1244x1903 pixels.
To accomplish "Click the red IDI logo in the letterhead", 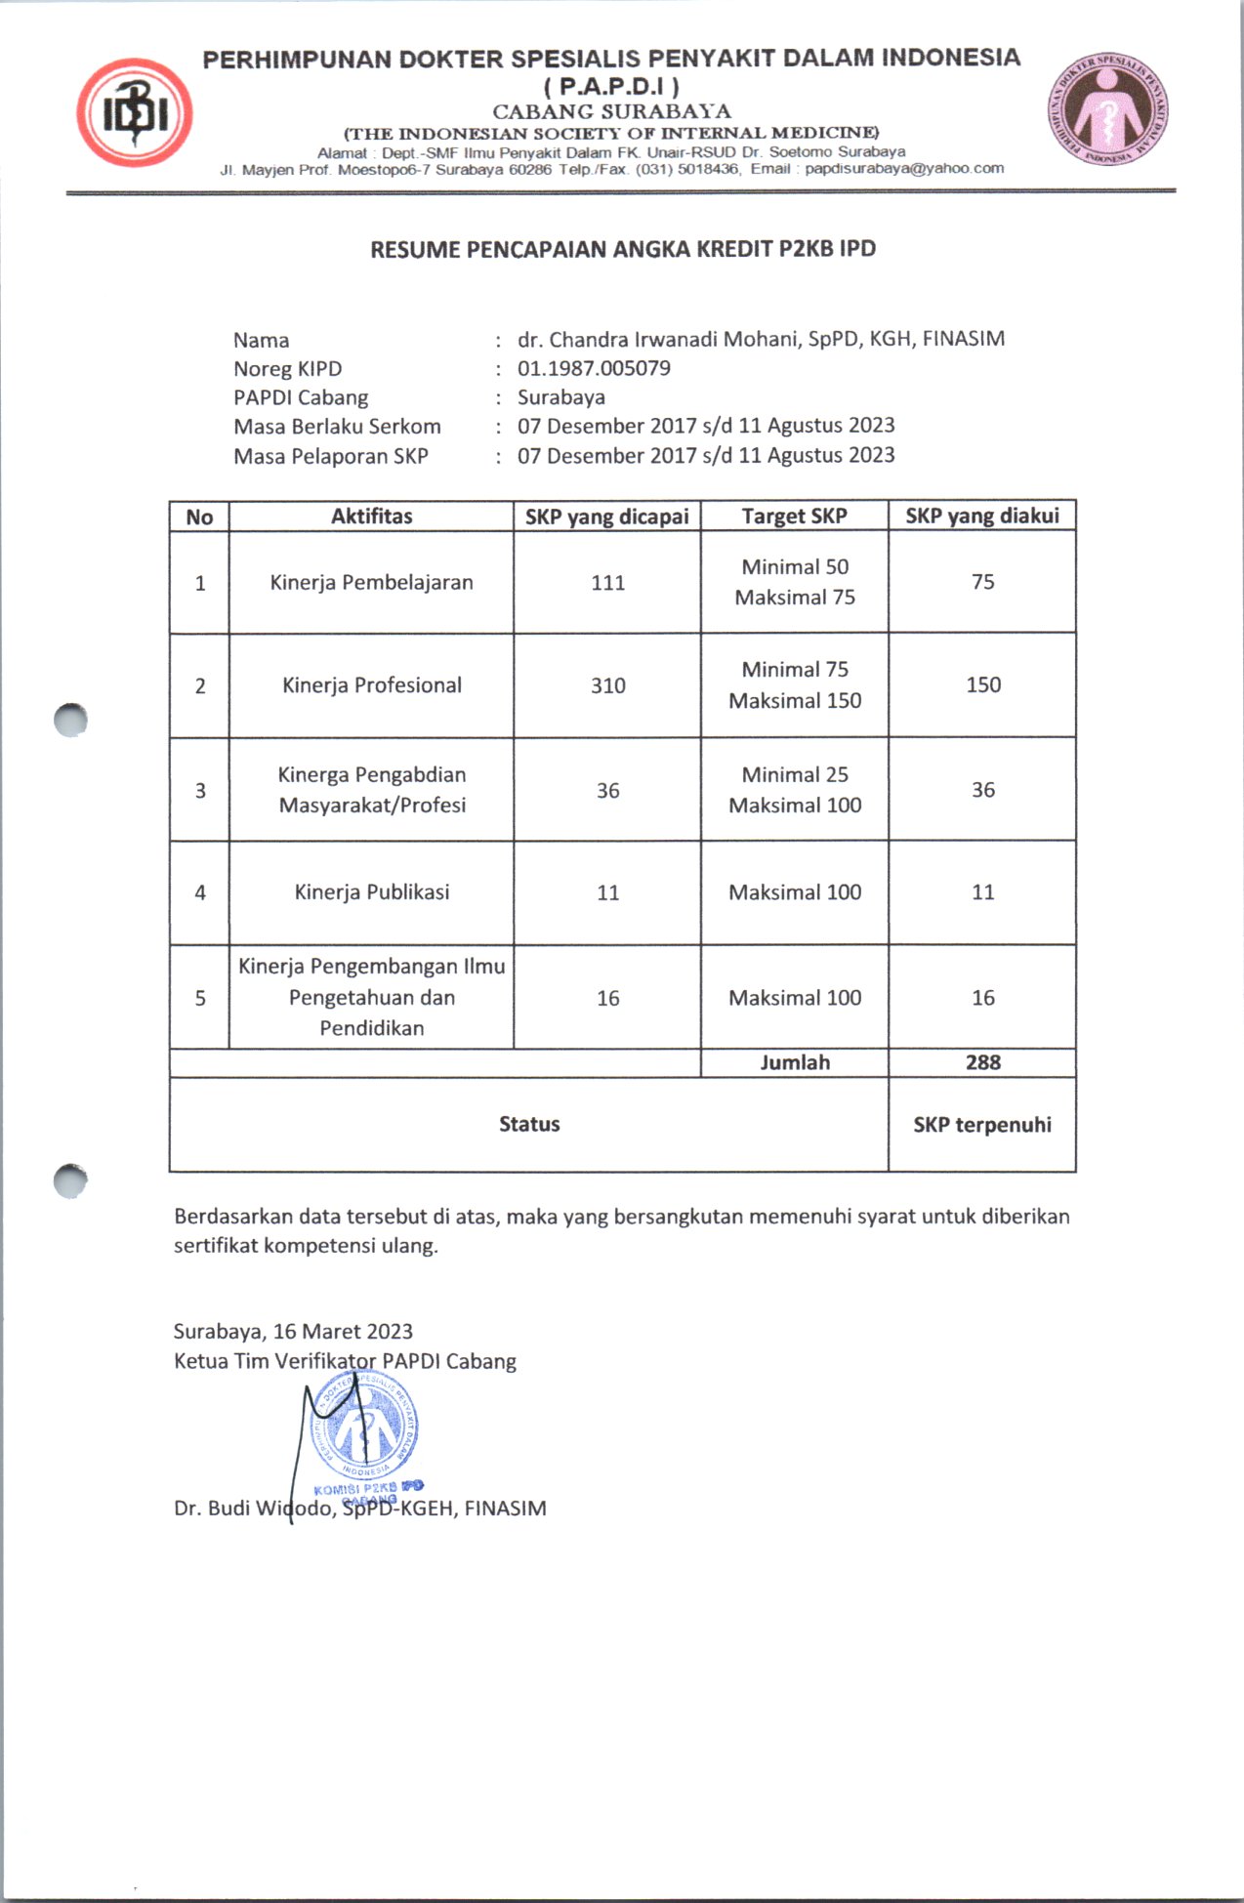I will (x=135, y=112).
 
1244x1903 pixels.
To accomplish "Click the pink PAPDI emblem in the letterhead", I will (x=1108, y=108).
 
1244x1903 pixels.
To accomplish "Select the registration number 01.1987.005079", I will (x=594, y=368).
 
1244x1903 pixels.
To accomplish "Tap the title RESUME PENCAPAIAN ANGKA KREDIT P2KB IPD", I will (x=623, y=249).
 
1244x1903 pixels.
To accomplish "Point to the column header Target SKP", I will (x=794, y=517).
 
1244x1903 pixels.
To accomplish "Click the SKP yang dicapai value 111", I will (x=607, y=583).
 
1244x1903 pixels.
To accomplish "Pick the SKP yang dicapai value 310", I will (x=607, y=685).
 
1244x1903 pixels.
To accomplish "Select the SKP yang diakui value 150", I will (x=982, y=684).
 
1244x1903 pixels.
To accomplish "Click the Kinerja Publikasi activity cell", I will (x=372, y=891).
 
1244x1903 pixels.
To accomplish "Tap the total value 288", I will (x=982, y=1062).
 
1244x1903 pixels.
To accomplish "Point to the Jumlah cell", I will (x=795, y=1062).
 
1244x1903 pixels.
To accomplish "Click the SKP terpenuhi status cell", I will (x=982, y=1125).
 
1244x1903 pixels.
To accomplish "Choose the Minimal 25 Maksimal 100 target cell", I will (x=795, y=790).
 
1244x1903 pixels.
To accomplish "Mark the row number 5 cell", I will (x=200, y=998).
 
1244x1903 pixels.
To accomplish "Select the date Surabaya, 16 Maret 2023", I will (x=293, y=1332).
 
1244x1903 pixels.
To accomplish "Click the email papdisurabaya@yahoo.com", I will (x=904, y=168).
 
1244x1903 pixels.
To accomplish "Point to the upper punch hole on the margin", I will (x=70, y=721).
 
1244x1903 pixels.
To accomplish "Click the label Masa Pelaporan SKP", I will (x=330, y=456).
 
